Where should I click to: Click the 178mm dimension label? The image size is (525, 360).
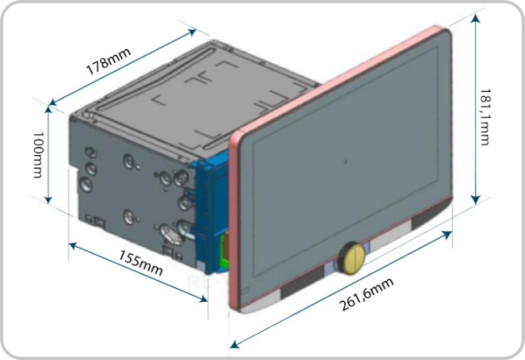point(108,61)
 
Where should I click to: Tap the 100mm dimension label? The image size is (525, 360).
point(38,154)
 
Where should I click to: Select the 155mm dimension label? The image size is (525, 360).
point(141,263)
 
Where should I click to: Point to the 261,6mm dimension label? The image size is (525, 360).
point(367,295)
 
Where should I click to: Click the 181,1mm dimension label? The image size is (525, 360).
point(485,117)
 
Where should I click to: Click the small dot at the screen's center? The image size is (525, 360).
point(346,162)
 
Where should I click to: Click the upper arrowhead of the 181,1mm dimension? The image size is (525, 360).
point(476,19)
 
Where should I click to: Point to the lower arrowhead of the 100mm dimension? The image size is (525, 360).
point(48,199)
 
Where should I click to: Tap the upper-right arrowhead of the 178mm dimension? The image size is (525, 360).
point(191,32)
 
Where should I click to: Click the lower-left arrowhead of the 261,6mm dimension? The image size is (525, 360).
point(235,344)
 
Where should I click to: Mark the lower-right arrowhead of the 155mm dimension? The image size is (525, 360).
point(204,299)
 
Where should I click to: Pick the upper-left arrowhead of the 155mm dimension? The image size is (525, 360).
point(73,246)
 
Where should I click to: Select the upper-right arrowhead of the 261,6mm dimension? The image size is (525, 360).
point(447,235)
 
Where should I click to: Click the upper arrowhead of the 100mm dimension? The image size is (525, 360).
point(48,111)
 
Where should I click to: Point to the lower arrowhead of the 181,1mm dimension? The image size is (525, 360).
point(476,199)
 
